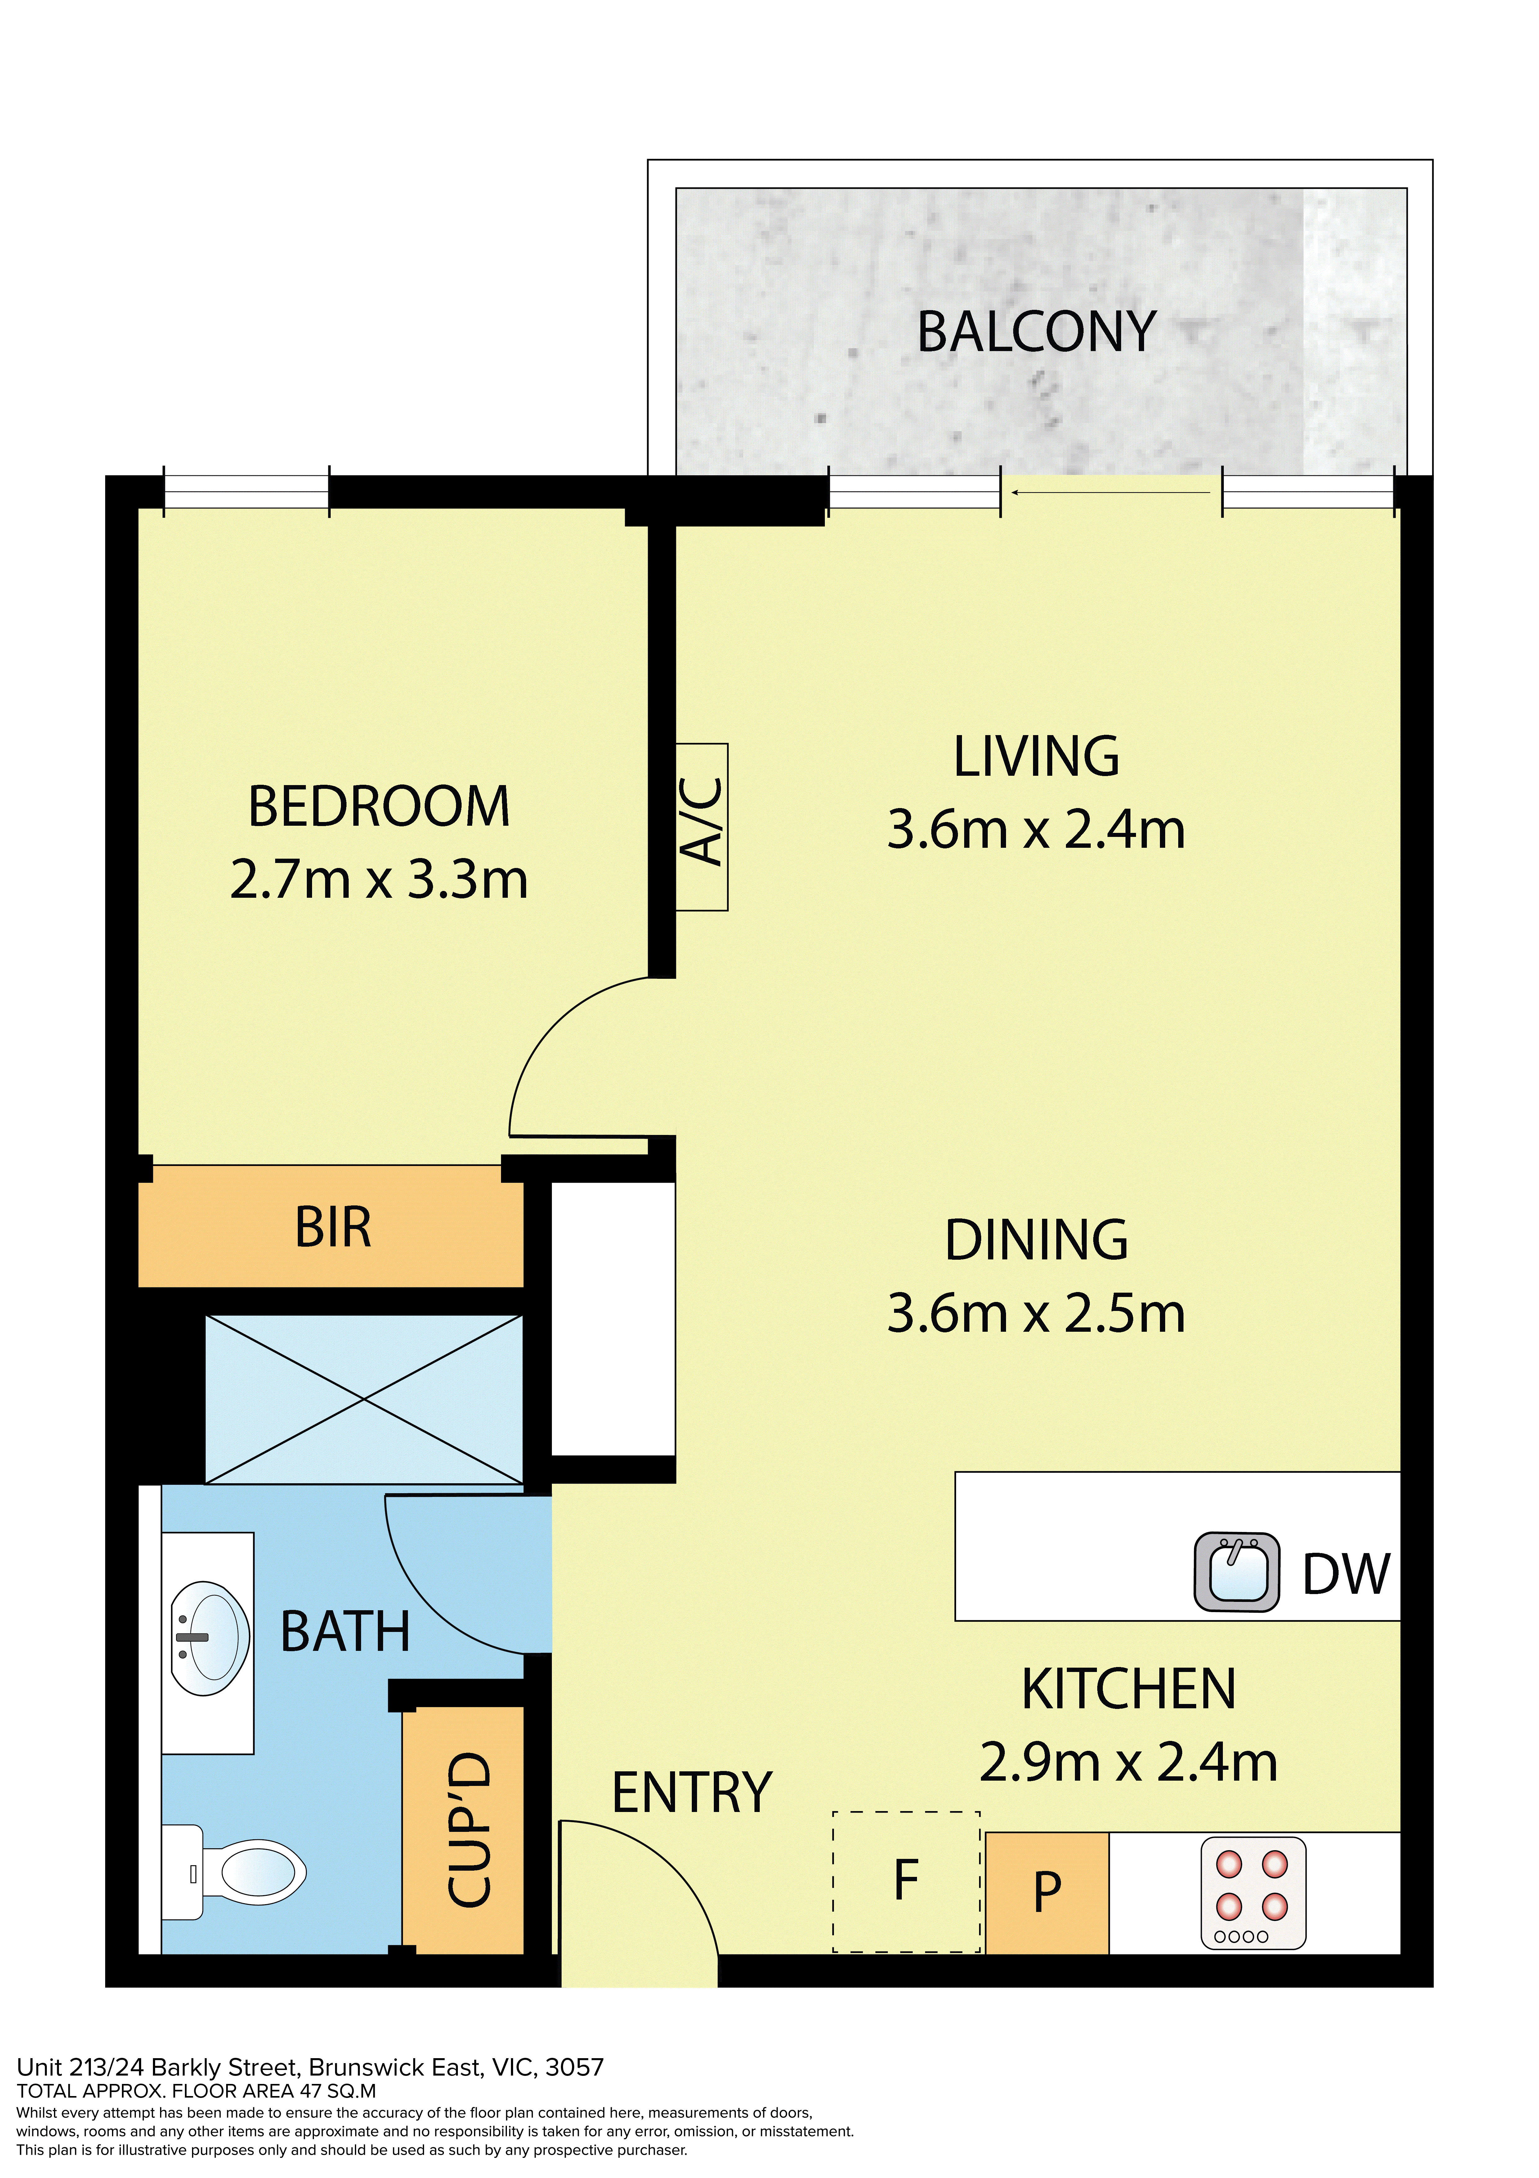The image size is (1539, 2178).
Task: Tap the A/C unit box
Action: [702, 827]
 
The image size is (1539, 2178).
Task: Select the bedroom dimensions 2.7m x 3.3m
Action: [378, 879]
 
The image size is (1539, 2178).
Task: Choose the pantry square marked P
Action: [1047, 1893]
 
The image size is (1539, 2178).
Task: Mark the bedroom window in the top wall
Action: [247, 491]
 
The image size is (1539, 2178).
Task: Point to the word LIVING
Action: [1036, 757]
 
